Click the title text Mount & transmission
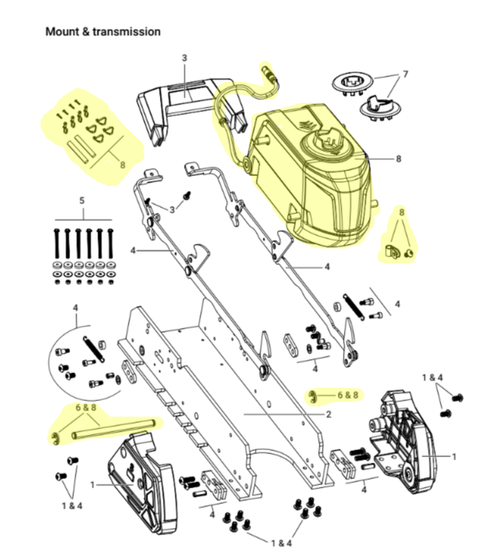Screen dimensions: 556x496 [103, 32]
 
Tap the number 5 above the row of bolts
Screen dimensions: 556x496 [82, 201]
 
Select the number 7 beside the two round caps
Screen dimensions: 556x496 [405, 75]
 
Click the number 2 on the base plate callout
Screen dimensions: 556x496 [329, 415]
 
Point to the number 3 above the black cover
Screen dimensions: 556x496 [185, 58]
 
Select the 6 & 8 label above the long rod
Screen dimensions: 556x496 [87, 407]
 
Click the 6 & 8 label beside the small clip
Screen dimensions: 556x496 [347, 395]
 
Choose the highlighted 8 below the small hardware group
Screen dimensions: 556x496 [122, 164]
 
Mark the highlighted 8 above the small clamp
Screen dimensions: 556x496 [402, 212]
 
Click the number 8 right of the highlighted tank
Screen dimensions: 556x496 [399, 159]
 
